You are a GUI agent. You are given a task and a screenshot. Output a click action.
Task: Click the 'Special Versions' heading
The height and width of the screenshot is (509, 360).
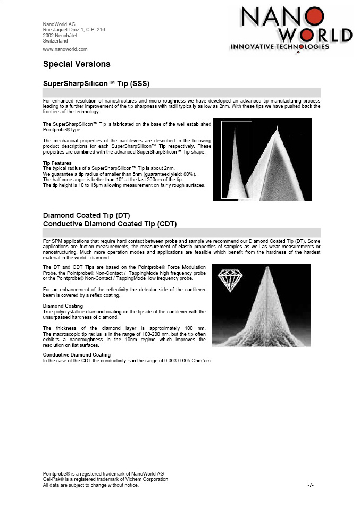tap(77, 64)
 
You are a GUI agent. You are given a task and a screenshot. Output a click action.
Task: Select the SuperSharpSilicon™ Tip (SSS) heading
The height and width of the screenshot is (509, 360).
tap(96, 84)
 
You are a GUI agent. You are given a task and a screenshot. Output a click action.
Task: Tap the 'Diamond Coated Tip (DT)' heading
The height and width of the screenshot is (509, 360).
tap(82, 216)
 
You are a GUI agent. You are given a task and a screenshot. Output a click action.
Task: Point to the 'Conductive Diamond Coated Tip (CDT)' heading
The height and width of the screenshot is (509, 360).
tap(110, 224)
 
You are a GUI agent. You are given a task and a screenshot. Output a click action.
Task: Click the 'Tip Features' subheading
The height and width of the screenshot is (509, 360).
tap(56, 163)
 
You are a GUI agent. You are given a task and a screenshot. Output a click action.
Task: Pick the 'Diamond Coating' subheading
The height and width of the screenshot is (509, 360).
tap(63, 306)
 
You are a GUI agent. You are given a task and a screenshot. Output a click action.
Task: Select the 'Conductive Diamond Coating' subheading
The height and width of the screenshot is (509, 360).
tap(77, 354)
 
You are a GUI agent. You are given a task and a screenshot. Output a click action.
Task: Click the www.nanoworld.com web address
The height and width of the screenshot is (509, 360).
tap(65, 49)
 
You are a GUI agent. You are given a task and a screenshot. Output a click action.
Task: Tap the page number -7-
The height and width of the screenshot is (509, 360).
tap(311, 485)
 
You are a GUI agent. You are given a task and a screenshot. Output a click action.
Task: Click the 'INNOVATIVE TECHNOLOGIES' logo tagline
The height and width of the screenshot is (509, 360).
tap(280, 47)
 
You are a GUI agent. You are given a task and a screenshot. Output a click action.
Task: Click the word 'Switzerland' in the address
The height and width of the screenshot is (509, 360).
tap(55, 40)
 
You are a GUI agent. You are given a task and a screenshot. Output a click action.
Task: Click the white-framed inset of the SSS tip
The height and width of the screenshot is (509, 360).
tap(236, 159)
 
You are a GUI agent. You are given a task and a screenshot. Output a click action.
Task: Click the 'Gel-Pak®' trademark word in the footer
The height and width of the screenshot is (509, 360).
tap(51, 479)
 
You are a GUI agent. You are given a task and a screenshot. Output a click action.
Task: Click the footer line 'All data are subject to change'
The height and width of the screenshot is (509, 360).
tap(90, 485)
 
